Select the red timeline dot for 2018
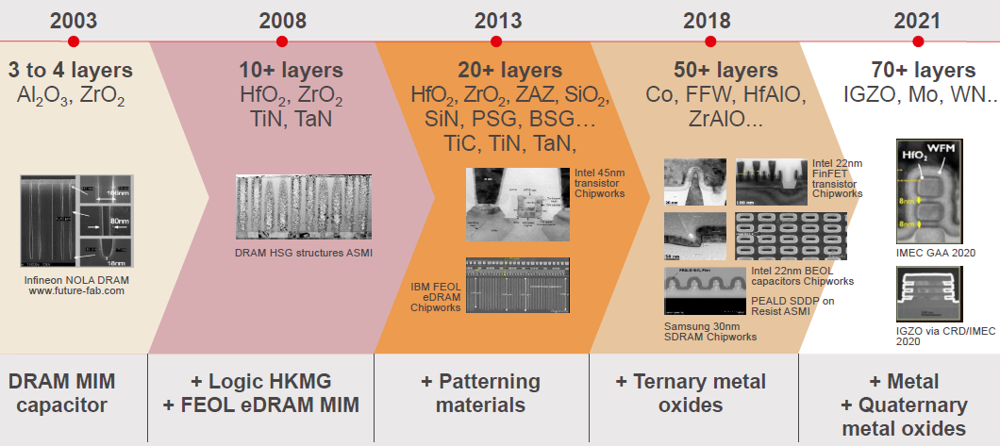point(709,41)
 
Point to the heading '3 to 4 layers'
point(71,71)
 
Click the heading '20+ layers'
point(510,71)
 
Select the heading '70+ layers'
point(922,71)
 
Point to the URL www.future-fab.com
point(75,291)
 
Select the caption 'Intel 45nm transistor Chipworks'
point(600,184)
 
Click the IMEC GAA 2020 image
point(930,193)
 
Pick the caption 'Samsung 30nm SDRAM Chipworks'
point(707,330)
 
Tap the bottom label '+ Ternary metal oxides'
point(691,393)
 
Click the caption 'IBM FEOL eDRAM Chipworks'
point(436,294)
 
